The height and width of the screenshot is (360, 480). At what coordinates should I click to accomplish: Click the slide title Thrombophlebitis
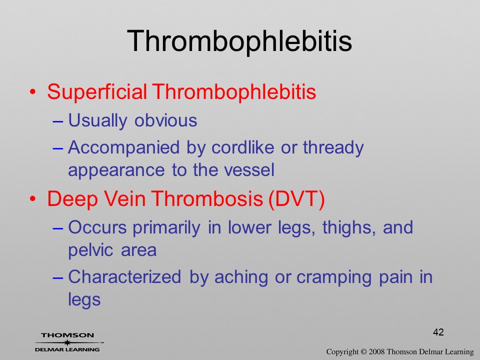[239, 41]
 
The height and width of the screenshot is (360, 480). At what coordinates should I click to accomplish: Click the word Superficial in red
[97, 91]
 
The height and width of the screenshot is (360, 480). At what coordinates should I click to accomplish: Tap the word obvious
[165, 120]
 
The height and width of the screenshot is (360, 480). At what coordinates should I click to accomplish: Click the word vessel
[249, 170]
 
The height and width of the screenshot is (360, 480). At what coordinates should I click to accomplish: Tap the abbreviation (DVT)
[296, 199]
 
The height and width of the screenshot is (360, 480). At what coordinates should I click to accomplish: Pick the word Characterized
[124, 277]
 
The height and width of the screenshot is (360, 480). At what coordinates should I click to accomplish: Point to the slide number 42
[438, 332]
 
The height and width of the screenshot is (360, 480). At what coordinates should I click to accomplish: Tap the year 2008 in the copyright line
[377, 351]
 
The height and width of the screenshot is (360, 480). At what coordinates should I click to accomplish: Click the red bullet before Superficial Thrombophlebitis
[33, 91]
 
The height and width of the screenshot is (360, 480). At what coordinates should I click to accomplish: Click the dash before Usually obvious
[58, 121]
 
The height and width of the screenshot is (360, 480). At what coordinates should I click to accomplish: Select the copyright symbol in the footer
[363, 351]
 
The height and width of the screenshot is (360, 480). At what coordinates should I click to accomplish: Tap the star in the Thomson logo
[67, 342]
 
